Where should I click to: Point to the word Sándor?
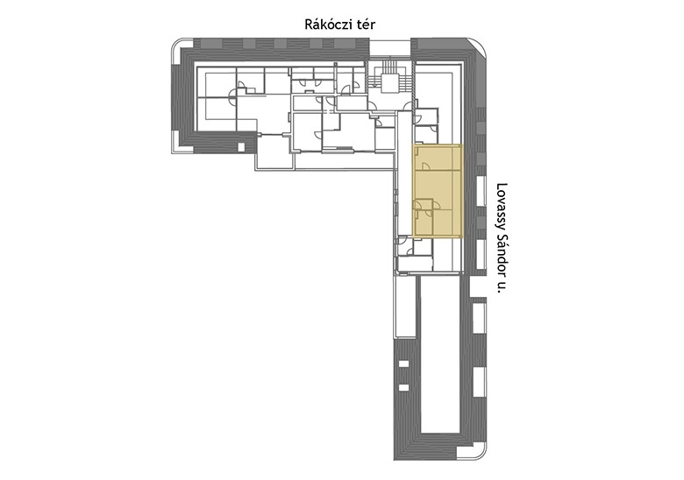(x=502, y=245)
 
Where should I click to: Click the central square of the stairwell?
(x=389, y=82)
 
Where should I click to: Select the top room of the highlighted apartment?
(x=438, y=159)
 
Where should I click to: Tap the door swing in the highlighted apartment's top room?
(x=426, y=166)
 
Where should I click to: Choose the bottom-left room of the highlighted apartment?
(x=424, y=222)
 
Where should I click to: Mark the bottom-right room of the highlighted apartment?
(x=447, y=222)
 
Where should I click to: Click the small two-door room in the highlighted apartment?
(x=424, y=204)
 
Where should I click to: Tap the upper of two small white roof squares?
(x=404, y=364)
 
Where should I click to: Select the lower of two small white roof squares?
(x=404, y=387)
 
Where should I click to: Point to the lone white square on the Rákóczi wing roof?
(x=241, y=147)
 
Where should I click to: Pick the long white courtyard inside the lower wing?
(x=440, y=355)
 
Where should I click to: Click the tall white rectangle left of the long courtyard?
(x=405, y=307)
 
